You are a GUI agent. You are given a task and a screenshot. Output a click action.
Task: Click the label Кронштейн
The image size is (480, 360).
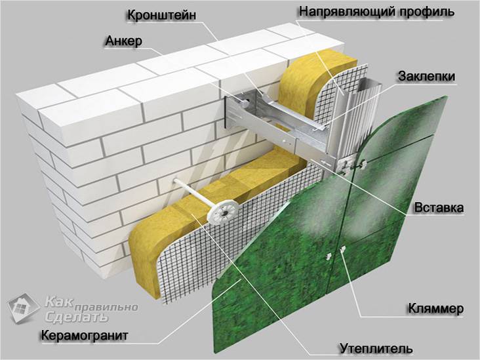click(x=161, y=14)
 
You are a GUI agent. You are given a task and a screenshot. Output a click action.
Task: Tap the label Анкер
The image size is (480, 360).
click(x=124, y=41)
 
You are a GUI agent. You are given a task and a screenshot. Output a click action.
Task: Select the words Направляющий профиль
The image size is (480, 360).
click(x=376, y=12)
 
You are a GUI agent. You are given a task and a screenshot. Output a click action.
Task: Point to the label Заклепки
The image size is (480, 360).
click(x=426, y=76)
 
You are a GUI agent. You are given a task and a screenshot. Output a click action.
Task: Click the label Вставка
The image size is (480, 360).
click(x=439, y=208)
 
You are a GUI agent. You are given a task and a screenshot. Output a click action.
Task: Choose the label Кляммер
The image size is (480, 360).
click(x=435, y=308)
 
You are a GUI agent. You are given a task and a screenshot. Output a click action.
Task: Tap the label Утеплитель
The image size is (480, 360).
click(x=376, y=348)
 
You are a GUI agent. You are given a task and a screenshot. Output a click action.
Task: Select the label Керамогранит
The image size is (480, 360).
click(x=84, y=336)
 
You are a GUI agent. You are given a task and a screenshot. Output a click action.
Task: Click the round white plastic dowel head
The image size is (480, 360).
click(x=222, y=211)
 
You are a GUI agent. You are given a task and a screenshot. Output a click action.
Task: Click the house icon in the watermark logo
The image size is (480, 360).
click(x=23, y=308)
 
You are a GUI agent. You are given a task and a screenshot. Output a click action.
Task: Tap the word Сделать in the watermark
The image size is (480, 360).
click(x=76, y=317)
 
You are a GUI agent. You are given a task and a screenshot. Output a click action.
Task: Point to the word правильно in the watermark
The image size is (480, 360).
click(x=106, y=306)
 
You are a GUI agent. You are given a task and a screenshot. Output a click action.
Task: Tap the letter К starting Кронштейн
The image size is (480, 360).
click(x=131, y=14)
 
